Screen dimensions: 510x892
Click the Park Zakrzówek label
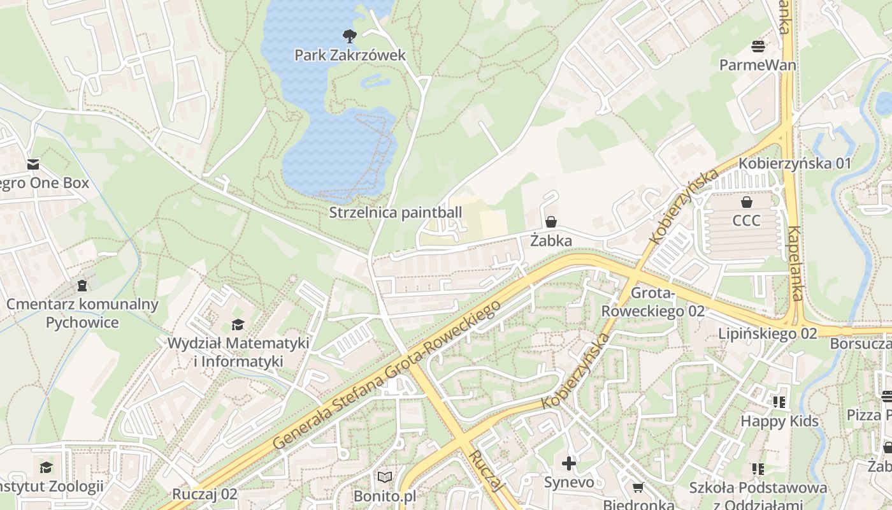(350, 55)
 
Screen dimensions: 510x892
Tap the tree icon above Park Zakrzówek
(350, 36)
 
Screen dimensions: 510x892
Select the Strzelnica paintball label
(395, 212)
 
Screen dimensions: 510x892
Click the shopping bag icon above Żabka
(551, 222)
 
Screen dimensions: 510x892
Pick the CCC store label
(746, 221)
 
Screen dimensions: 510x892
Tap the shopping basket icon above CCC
(746, 202)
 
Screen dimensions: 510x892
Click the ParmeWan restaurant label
(758, 65)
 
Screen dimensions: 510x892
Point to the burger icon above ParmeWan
(758, 46)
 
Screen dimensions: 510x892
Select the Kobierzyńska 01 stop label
(795, 163)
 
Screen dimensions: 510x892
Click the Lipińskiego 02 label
(767, 333)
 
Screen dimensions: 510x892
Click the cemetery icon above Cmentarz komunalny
(82, 285)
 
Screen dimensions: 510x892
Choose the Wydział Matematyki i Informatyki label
(238, 352)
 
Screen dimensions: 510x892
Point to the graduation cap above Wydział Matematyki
(238, 324)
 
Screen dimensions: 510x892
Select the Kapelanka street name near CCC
(795, 263)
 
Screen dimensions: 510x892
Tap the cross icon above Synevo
(568, 463)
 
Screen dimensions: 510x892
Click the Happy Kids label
(779, 421)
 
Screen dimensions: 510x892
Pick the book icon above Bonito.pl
(385, 477)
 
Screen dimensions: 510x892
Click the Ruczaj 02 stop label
(205, 494)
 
